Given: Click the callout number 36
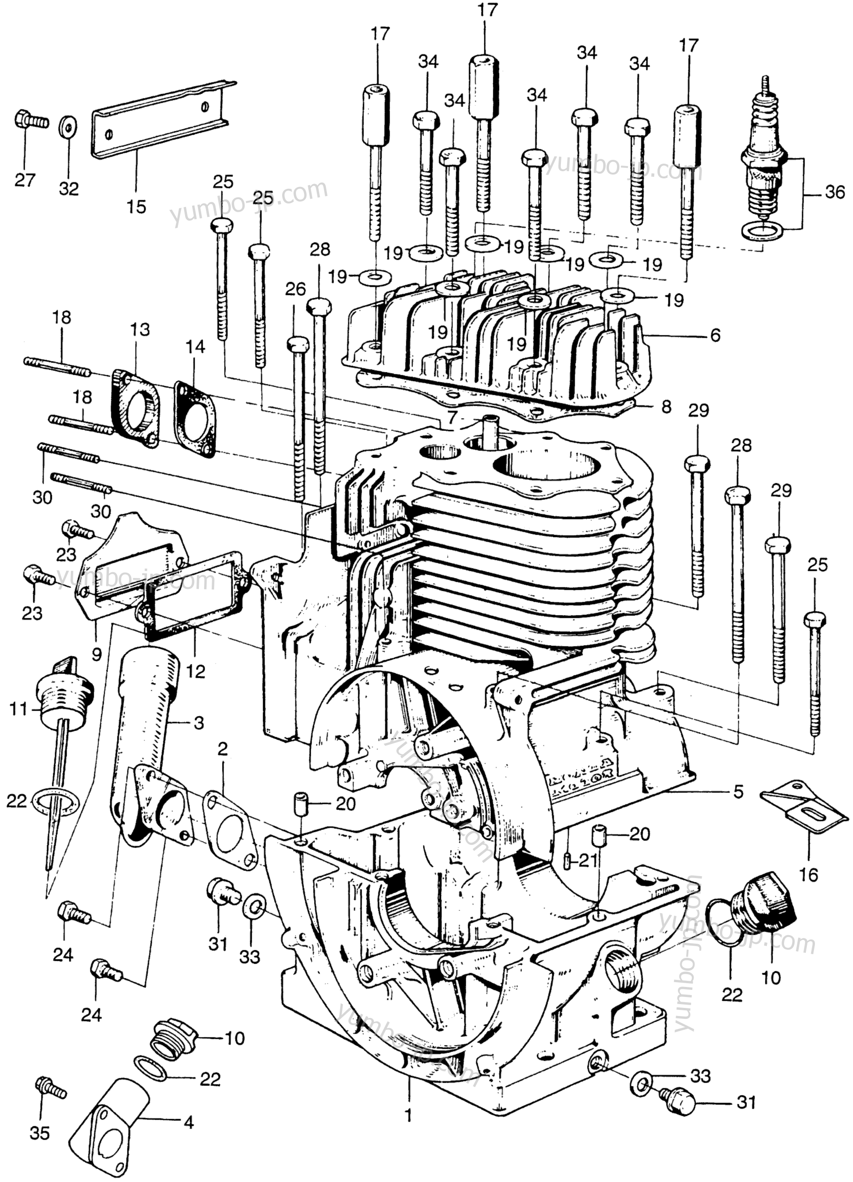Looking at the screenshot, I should point(834,193).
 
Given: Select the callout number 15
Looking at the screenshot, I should point(136,206).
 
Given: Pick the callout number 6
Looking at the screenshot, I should point(715,335).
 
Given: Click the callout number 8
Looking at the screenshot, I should point(666,407).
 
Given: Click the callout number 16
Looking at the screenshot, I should point(809,874).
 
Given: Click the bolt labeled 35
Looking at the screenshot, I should point(49,1087).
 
